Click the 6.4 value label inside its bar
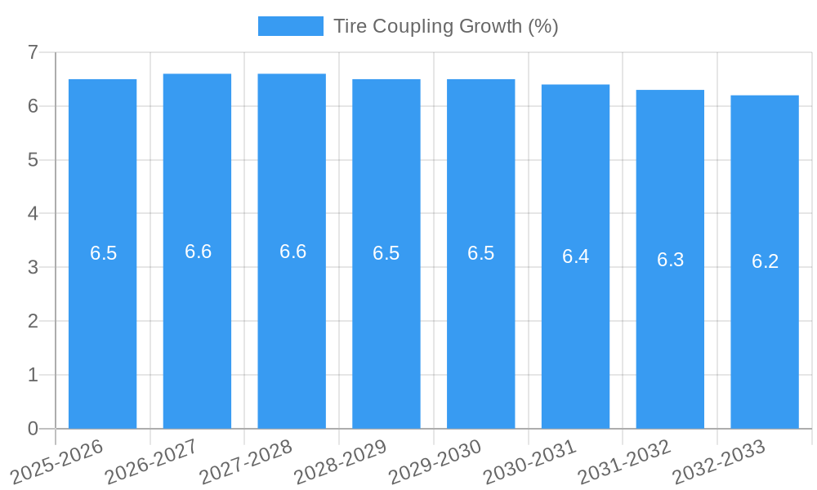coord(575,256)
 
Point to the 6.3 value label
coord(670,260)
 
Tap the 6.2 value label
coord(765,261)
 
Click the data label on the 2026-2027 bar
coord(198,252)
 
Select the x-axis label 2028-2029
coord(341,461)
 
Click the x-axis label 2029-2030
coord(435,461)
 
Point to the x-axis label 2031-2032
coord(625,461)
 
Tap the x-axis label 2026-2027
coord(152,461)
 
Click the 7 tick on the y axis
coord(33,53)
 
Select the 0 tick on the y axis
coord(33,429)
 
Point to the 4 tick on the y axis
coord(33,214)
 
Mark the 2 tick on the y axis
coord(33,322)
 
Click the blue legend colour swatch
coord(290,26)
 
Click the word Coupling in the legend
coord(406,26)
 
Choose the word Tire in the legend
coord(350,26)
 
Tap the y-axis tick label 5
coord(33,161)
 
